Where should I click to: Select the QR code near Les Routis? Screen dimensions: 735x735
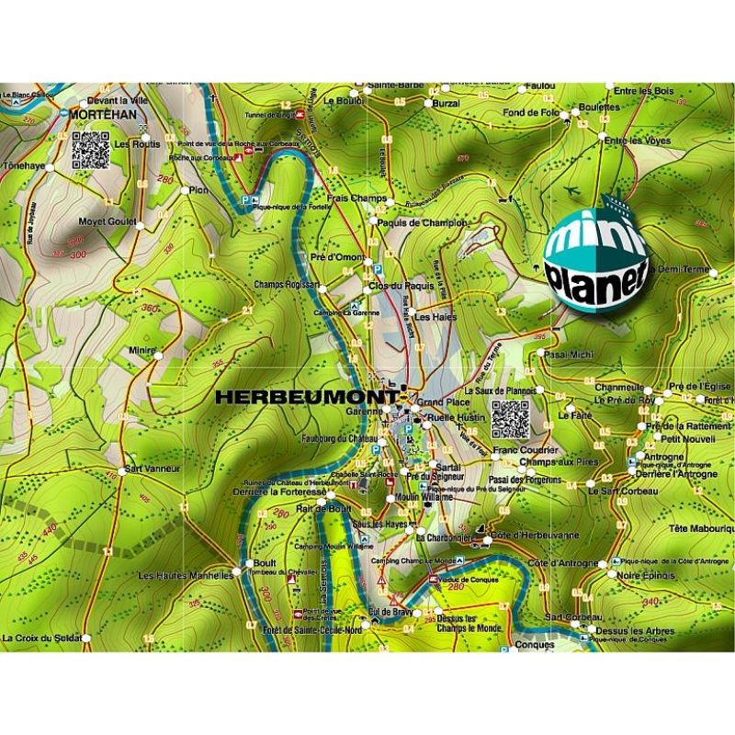coord(91,151)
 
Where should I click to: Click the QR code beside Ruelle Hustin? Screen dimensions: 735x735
coord(510,420)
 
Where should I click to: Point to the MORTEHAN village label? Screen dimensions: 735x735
coord(103,114)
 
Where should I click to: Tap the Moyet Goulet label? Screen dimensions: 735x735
coord(107,221)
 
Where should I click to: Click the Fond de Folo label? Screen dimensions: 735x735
coord(530,112)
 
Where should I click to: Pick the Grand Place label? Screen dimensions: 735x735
coord(444,402)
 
